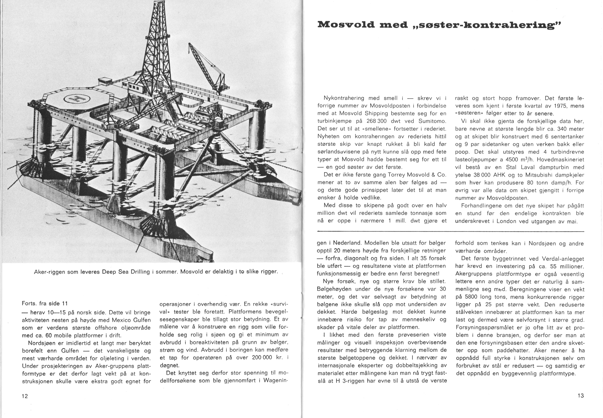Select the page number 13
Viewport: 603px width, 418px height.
[581, 396]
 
